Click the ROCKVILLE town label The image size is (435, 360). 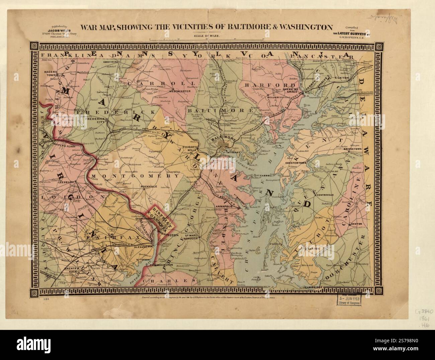coord(148,186)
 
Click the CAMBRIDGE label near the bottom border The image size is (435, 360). coord(313,287)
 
